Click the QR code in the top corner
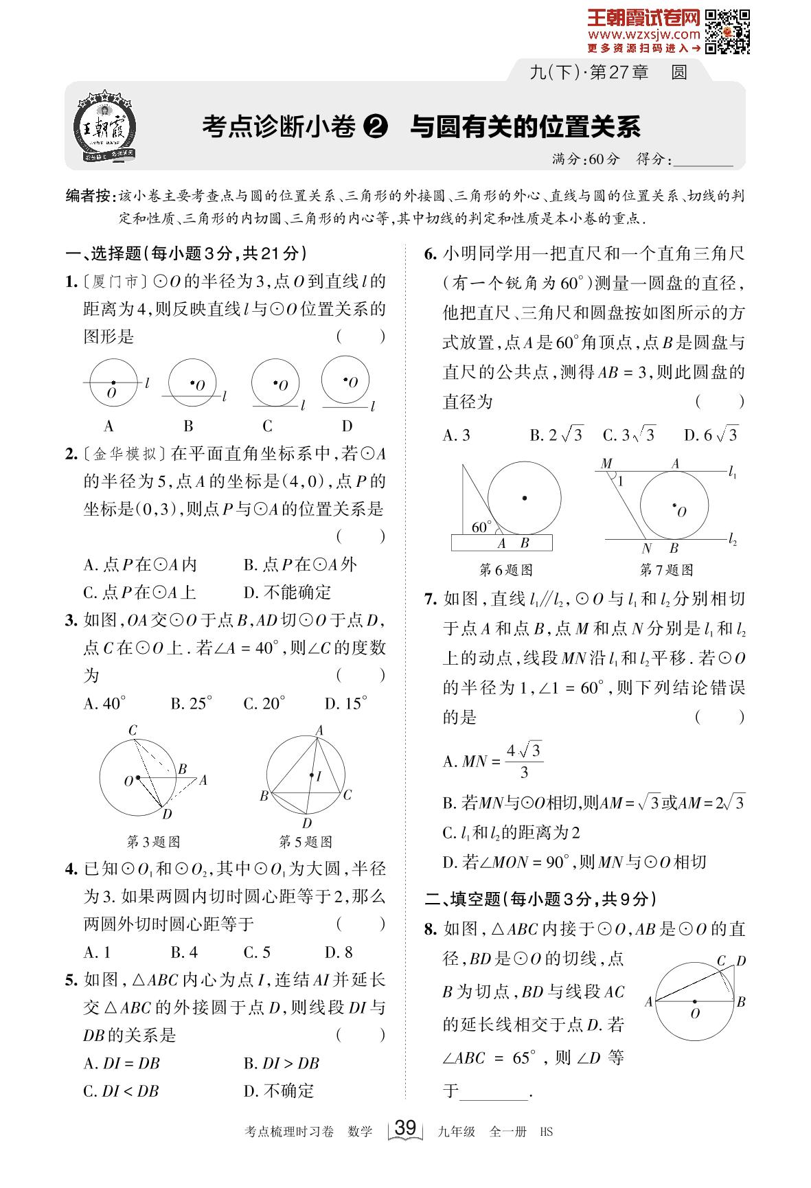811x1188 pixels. pos(727,31)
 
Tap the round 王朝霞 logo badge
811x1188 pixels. pos(105,128)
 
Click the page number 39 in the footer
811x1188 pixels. pos(406,1128)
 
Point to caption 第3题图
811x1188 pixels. pos(154,842)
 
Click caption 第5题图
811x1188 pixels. pos(306,842)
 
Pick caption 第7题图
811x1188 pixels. pos(666,570)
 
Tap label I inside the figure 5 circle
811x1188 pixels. pos(319,776)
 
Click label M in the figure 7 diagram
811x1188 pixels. pos(606,464)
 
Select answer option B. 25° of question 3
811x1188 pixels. pos(192,703)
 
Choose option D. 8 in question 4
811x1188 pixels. pos(339,952)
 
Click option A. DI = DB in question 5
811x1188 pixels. pos(122,1063)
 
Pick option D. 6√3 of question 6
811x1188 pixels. pos(711,435)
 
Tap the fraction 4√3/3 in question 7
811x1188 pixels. pos(523,761)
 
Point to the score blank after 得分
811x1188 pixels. pos(703,160)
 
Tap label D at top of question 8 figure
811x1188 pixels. pos(741,961)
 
